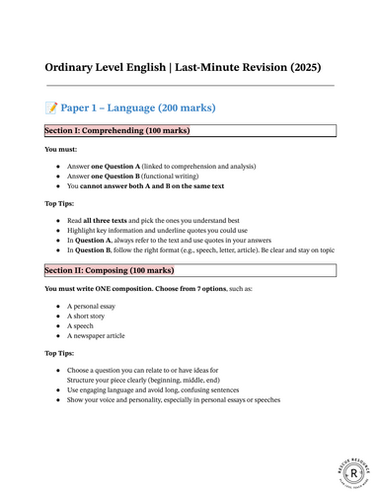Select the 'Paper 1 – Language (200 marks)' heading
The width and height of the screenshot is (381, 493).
click(x=137, y=107)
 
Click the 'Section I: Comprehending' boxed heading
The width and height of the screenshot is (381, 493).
click(x=116, y=130)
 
